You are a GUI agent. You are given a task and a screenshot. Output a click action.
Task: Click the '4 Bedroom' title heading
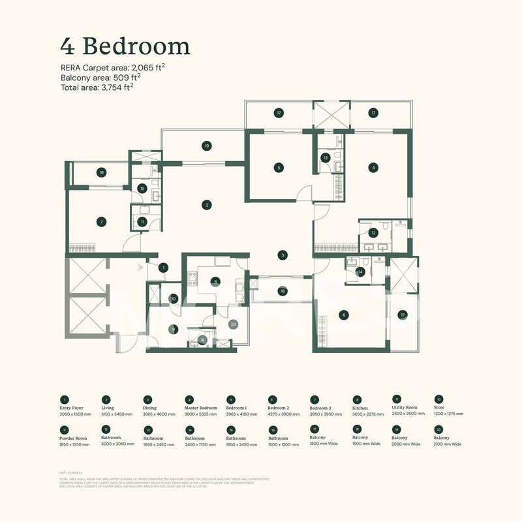coord(125,47)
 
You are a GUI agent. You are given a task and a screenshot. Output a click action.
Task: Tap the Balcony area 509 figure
coord(121,77)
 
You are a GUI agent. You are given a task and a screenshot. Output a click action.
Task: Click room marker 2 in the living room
coord(206,205)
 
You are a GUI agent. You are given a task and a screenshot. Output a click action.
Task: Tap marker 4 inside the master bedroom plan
coord(373,167)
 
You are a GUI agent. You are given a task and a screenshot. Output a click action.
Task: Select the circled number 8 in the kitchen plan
coord(215,282)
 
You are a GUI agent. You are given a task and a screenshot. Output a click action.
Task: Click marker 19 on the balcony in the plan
coord(206,146)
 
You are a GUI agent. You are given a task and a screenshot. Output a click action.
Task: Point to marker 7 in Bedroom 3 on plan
coord(101,222)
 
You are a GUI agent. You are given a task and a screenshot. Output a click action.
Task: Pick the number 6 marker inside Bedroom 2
coord(344,315)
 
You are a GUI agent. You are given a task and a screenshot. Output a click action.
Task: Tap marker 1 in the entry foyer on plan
coord(164,267)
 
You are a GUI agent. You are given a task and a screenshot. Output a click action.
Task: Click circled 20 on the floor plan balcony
coord(233,324)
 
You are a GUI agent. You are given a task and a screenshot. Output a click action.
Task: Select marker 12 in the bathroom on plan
coord(373,233)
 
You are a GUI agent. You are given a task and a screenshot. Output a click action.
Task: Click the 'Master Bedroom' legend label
coord(200,408)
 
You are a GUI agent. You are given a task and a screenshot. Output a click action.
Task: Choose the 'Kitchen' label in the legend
coord(361,408)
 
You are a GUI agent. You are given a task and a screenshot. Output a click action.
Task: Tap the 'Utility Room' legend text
coord(405,408)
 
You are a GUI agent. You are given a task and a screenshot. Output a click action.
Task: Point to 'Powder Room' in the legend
coord(73,438)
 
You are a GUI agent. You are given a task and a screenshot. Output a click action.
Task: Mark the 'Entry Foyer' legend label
coord(72,408)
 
